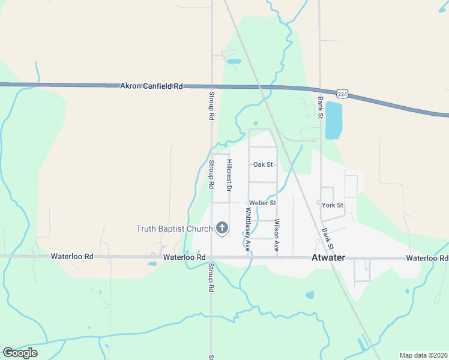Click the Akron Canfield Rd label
(x=152, y=86)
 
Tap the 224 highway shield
(x=342, y=94)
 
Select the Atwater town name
(x=329, y=258)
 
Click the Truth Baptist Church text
(x=175, y=229)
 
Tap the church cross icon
(x=222, y=227)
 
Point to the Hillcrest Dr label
(x=229, y=175)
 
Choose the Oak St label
(x=263, y=164)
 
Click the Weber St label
(x=262, y=203)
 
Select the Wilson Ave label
(x=277, y=234)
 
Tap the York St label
(x=332, y=205)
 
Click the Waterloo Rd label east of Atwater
(x=427, y=258)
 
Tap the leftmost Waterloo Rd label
(x=72, y=257)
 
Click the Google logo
(x=20, y=353)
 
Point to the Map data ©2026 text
(x=423, y=355)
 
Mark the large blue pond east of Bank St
(x=333, y=120)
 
